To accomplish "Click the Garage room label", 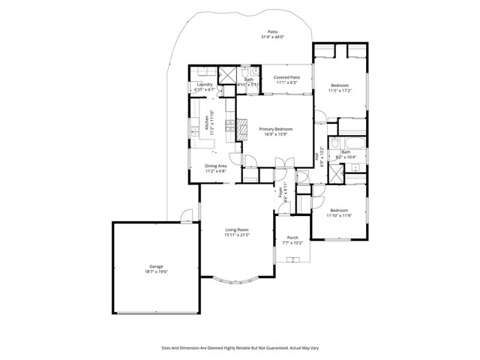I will [155, 266].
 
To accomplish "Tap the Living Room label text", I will [236, 230].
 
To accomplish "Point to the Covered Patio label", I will [286, 77].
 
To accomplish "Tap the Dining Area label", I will [216, 166].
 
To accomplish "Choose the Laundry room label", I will [205, 85].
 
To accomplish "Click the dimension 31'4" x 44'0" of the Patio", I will [274, 37].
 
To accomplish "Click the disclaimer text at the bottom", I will [240, 347].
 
